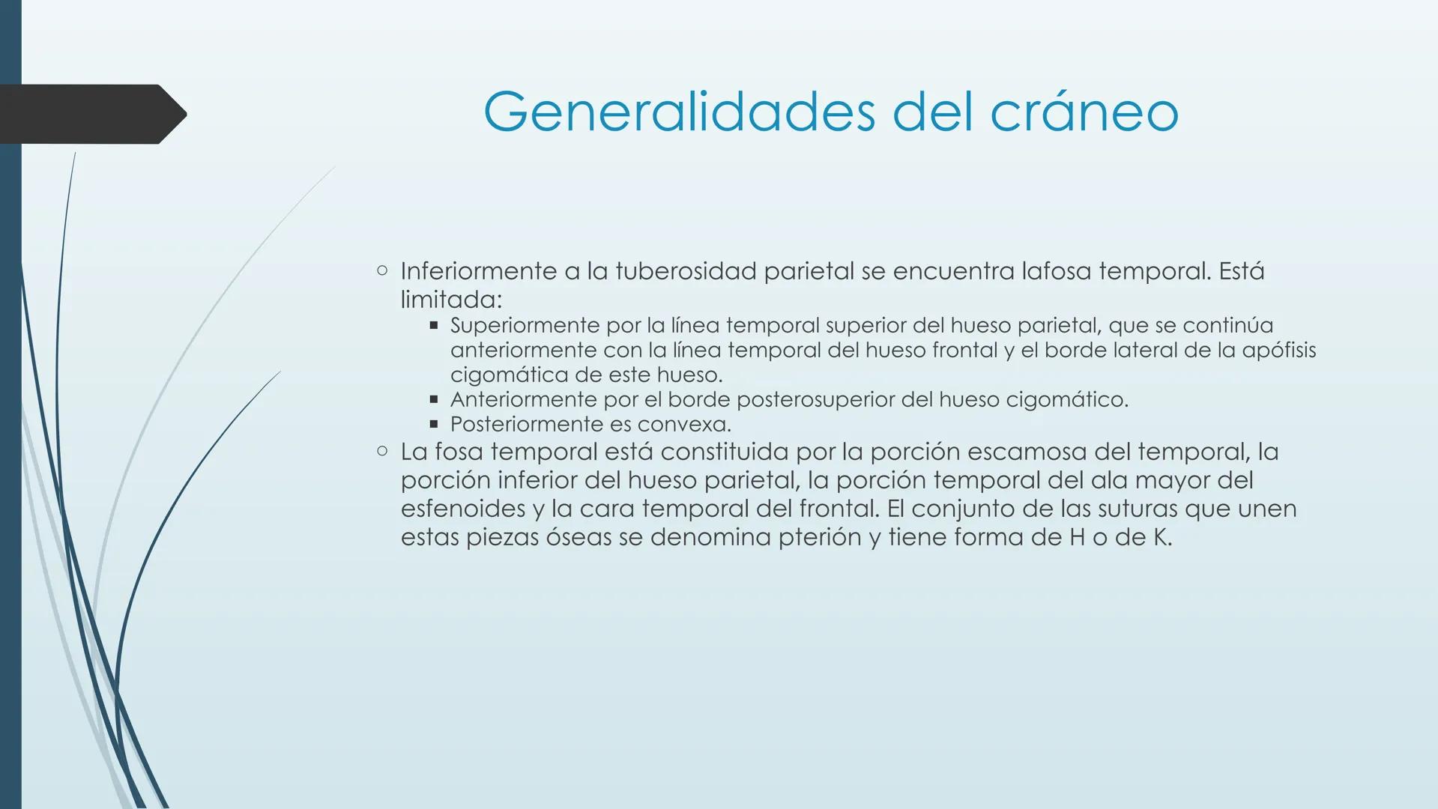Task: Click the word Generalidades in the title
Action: (679, 112)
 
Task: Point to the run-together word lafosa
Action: (1057, 271)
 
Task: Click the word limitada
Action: (450, 300)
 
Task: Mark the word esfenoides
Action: (463, 509)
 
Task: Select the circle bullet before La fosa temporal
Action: (382, 451)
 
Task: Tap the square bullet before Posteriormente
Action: (433, 424)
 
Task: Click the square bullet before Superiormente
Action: (433, 325)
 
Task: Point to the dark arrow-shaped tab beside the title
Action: (90, 114)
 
